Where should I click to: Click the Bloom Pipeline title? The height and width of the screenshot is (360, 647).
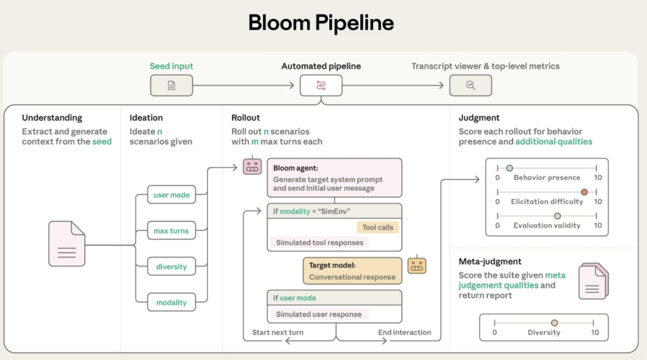(x=321, y=23)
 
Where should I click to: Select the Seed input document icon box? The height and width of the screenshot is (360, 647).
(x=171, y=85)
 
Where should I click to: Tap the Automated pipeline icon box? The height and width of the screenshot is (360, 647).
(x=321, y=85)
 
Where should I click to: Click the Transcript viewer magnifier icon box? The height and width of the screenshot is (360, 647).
(x=470, y=85)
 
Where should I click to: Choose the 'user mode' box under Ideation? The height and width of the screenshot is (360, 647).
(x=171, y=195)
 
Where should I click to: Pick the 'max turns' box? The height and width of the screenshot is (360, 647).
(x=171, y=231)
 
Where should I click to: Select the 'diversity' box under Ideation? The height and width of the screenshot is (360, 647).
(x=171, y=267)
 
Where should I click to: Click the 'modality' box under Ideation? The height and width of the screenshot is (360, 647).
(x=171, y=303)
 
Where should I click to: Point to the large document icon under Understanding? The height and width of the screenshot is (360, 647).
(x=66, y=244)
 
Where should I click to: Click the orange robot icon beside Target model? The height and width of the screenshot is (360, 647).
(x=416, y=265)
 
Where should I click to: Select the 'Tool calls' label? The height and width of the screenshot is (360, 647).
(x=378, y=227)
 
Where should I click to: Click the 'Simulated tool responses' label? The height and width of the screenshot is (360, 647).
(x=320, y=243)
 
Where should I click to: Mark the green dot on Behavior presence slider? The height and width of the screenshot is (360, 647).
(x=509, y=168)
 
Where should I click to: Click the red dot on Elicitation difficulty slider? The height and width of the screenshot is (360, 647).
(x=584, y=192)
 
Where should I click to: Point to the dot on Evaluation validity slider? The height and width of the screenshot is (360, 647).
(x=557, y=216)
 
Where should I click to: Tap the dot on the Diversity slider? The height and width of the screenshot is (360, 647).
(x=554, y=323)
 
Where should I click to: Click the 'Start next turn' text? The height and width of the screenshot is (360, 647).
(x=278, y=332)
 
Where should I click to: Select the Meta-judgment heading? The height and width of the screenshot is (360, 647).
(x=490, y=261)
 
